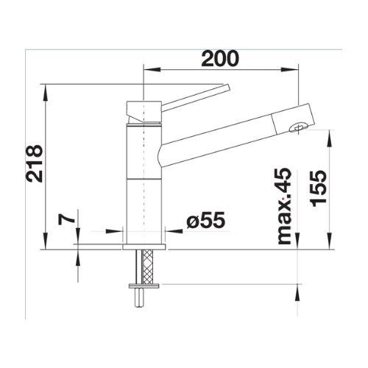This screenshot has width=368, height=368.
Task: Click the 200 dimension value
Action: [219, 59]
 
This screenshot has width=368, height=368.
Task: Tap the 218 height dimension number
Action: [35, 163]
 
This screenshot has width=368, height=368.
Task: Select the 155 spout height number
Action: [319, 188]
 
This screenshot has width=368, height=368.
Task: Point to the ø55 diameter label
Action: [205, 220]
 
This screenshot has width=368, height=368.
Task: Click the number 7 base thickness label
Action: [66, 219]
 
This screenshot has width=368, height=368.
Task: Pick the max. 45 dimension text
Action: [284, 206]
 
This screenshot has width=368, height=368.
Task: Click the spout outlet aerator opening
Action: [298, 127]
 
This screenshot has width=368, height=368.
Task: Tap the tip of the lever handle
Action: [227, 88]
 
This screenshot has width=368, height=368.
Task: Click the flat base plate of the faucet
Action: [144, 247]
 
